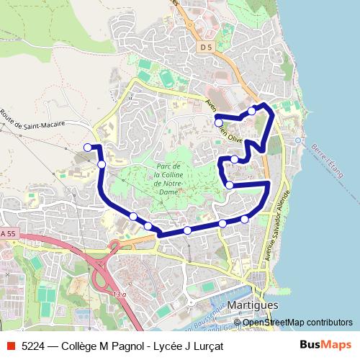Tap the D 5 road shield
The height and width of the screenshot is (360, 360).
(207, 47)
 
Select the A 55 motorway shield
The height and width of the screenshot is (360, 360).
(7, 233)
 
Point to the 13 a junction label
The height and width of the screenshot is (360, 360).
(119, 295)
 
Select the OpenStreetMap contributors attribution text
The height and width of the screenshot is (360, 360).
(297, 323)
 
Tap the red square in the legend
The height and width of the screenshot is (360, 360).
(11, 346)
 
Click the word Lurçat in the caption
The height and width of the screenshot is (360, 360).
(207, 346)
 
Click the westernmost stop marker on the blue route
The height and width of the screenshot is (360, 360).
(88, 148)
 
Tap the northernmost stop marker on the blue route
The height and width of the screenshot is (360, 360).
(251, 111)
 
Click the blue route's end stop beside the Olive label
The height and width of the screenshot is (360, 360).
(219, 123)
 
